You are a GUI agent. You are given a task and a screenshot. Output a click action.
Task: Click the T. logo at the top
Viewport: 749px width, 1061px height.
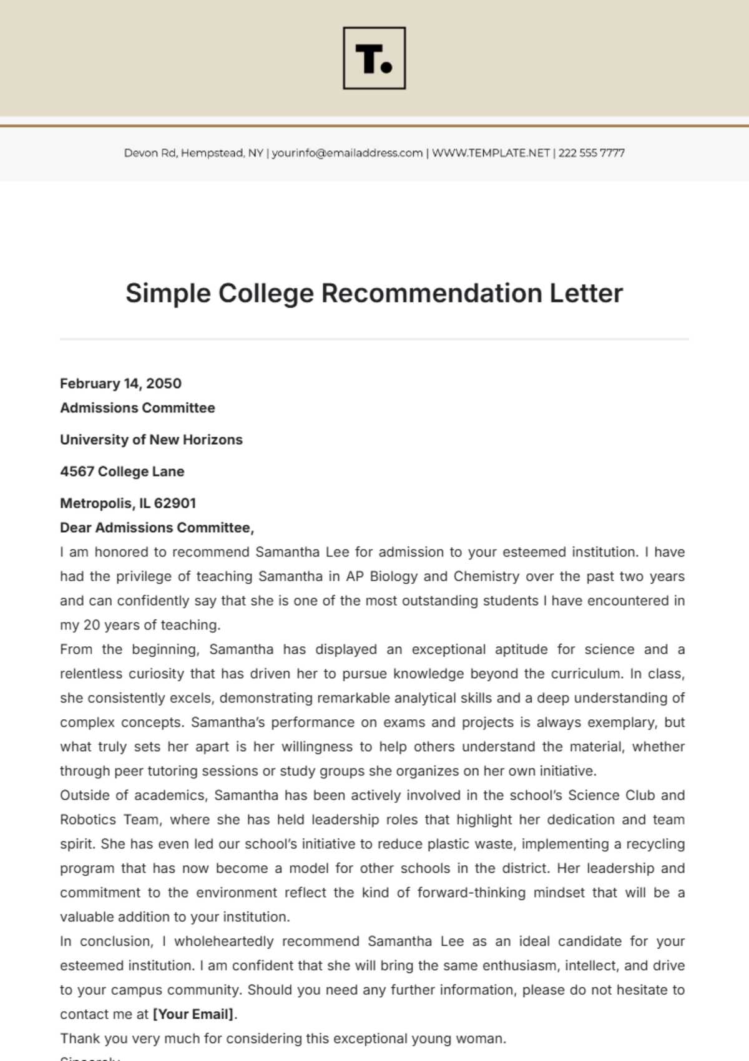[374, 58]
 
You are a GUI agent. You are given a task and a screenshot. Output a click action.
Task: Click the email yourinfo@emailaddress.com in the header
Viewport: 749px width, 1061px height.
[347, 153]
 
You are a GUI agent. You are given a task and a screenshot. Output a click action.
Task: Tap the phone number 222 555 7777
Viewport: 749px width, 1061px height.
[591, 153]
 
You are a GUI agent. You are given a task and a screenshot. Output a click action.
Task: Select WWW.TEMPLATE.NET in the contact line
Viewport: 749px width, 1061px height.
[491, 153]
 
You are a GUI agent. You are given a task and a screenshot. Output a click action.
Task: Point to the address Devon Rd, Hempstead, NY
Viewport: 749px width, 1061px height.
[193, 153]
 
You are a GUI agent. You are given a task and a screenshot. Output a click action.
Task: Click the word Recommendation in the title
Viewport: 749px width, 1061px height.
[431, 293]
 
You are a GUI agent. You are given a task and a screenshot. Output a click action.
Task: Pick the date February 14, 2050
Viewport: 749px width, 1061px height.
[120, 384]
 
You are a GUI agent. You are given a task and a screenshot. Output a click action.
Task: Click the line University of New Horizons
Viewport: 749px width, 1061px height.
[151, 440]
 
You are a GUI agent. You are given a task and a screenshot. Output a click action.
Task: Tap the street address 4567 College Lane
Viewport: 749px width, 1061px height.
[122, 472]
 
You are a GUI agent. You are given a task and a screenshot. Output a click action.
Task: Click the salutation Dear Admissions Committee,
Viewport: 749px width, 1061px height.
[157, 528]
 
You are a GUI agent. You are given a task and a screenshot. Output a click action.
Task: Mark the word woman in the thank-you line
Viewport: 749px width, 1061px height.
[484, 1039]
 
